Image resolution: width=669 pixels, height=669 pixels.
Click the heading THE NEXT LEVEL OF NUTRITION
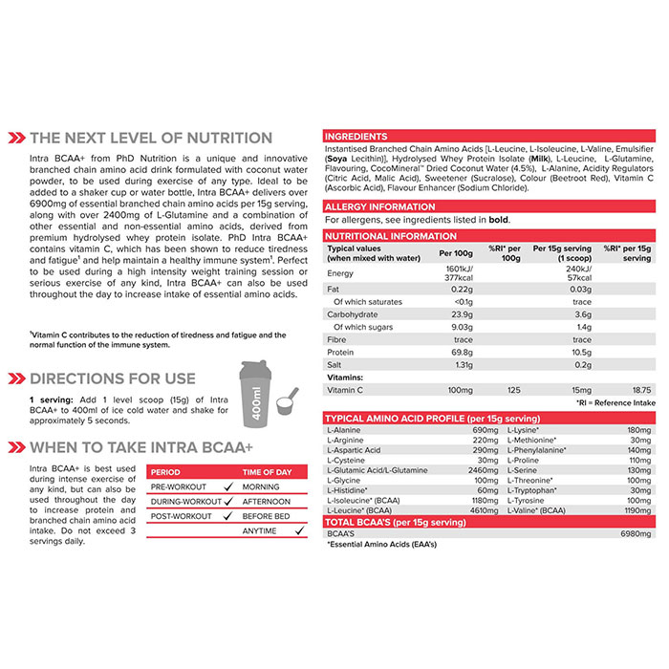coord(150,138)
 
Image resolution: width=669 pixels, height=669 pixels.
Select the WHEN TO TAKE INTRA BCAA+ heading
coord(140,446)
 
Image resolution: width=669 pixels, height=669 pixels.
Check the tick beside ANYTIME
coord(296,531)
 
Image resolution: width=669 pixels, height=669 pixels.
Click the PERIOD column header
coord(166,472)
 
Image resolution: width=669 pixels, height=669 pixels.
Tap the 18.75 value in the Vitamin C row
coord(640,390)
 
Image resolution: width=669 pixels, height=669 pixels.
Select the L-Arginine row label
coord(345,441)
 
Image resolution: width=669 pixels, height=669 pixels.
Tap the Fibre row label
coord(337,339)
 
